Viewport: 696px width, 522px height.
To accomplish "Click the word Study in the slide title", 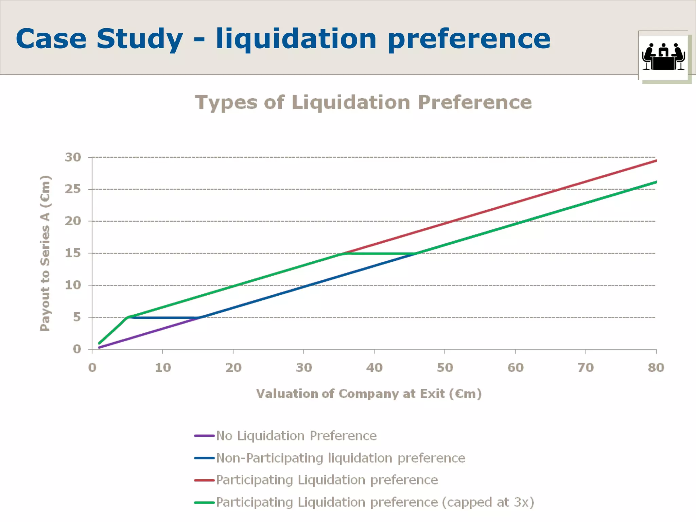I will pyautogui.click(x=139, y=39).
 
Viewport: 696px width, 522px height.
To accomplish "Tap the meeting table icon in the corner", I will pyautogui.click(x=663, y=56).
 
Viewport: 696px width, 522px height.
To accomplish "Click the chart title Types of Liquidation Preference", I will pyautogui.click(x=363, y=102).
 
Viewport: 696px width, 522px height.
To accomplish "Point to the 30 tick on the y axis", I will pyautogui.click(x=73, y=157).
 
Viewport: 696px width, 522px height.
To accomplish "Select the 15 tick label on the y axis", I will pyautogui.click(x=73, y=253).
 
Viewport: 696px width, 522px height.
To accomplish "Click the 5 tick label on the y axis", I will pyautogui.click(x=77, y=317).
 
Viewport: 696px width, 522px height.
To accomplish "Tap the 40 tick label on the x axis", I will pyautogui.click(x=374, y=367).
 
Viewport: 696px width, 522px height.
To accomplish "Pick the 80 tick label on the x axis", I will pyautogui.click(x=656, y=367).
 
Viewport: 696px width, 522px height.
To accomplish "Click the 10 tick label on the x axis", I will pyautogui.click(x=163, y=367).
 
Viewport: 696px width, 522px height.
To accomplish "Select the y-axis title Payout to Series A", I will pyautogui.click(x=45, y=253).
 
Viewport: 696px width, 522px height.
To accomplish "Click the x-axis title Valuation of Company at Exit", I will pyautogui.click(x=369, y=394).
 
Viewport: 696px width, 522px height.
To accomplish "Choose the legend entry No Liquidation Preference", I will pyautogui.click(x=296, y=436).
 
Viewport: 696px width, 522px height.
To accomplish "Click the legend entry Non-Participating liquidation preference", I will pyautogui.click(x=341, y=458).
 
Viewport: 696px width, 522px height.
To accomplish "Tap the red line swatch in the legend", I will pyautogui.click(x=204, y=480).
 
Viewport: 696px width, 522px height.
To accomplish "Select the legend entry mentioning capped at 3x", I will pyautogui.click(x=375, y=502).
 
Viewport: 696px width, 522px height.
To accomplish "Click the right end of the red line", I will pyautogui.click(x=655, y=161).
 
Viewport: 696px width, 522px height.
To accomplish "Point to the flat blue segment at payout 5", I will pyautogui.click(x=163, y=318).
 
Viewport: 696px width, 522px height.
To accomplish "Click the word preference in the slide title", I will pyautogui.click(x=469, y=39).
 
